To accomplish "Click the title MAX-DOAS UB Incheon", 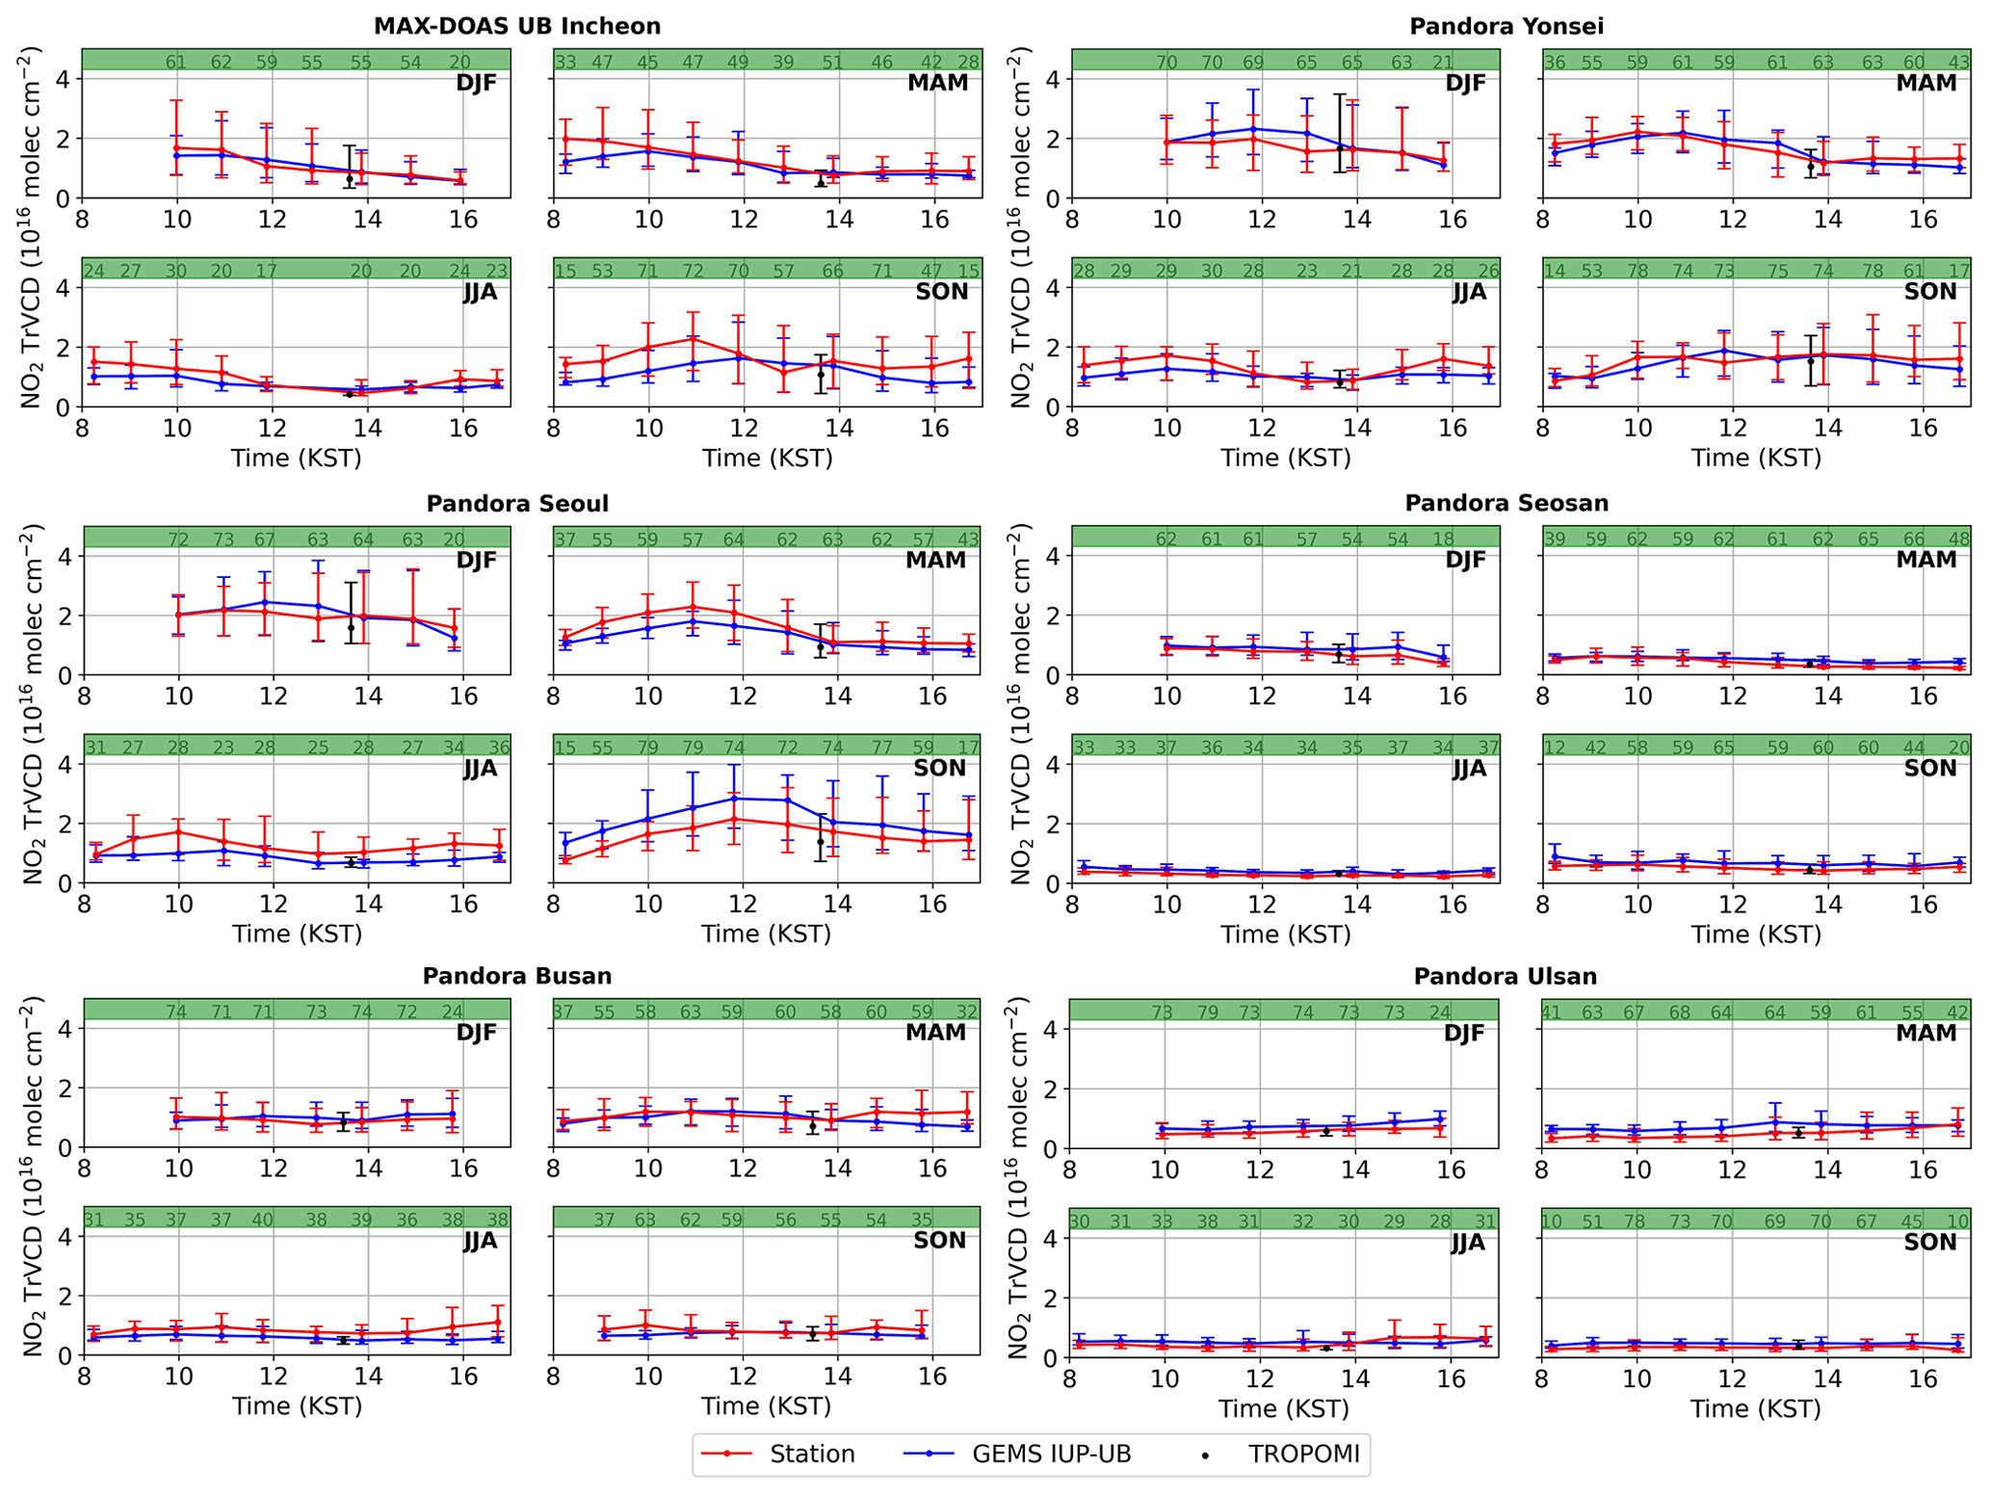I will pos(517,26).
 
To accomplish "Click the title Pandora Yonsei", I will pos(1506,26).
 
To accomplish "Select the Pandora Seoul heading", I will pos(517,504).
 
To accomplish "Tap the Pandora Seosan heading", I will pos(1506,503).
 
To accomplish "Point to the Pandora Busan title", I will pos(517,976).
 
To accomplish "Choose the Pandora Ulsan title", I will pos(1506,977).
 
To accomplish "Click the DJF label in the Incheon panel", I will pos(476,83).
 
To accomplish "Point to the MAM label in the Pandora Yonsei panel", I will pos(1926,83).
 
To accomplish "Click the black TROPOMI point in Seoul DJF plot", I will pos(351,627).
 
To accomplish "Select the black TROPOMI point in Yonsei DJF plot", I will pos(1339,149).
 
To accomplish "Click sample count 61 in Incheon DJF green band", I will pos(175,63).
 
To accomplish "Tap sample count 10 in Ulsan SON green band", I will pos(1552,1221).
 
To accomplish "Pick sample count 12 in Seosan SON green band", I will pos(1554,748).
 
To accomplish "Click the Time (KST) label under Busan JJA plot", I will pos(297,1406).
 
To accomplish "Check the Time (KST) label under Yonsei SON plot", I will pos(1756,458).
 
